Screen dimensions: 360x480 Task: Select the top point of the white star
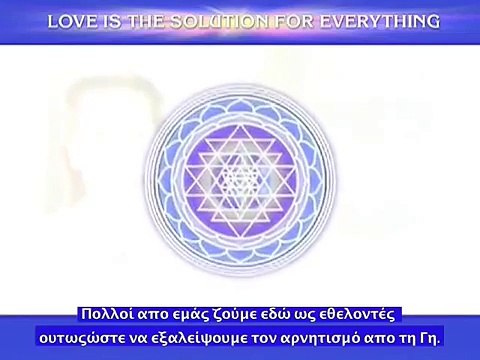(x=239, y=128)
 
